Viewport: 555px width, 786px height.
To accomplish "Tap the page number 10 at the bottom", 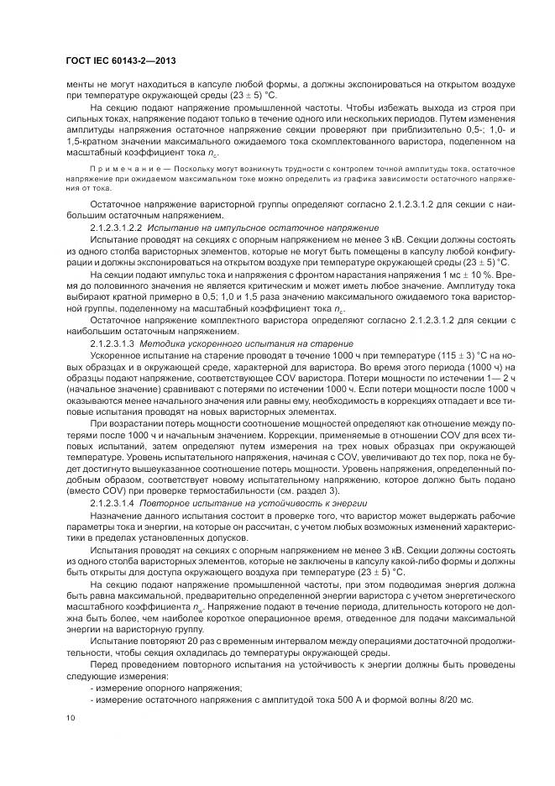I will click(x=71, y=717).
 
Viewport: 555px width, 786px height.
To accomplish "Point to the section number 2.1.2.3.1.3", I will click(x=113, y=344).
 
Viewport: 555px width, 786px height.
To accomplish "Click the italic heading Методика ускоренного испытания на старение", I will click(x=247, y=344).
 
